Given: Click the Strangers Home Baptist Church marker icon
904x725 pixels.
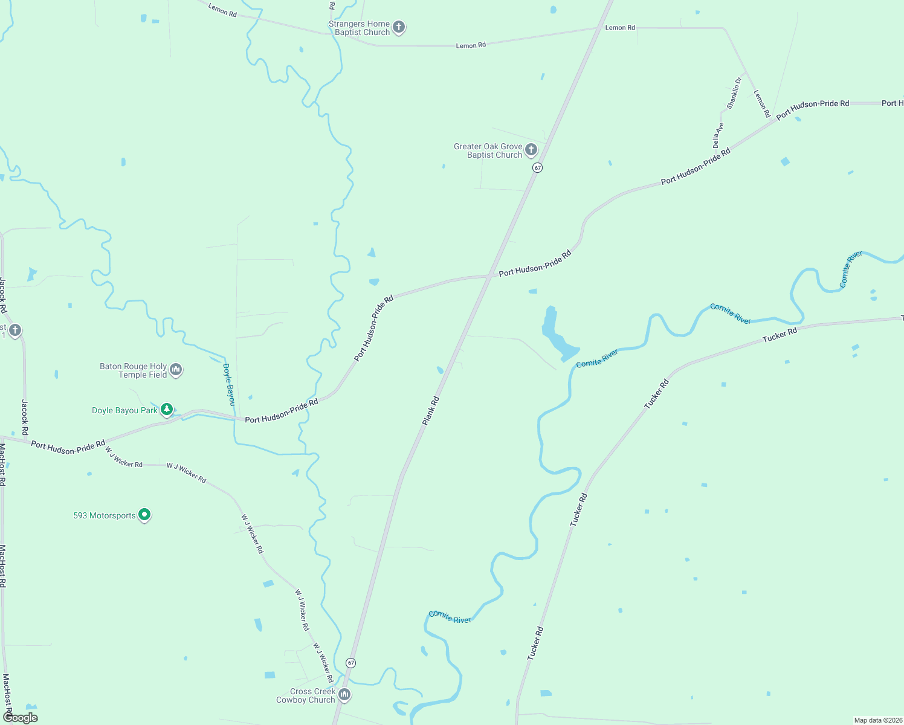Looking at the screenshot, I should tap(398, 27).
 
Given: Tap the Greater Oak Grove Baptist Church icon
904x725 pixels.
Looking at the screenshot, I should tap(531, 149).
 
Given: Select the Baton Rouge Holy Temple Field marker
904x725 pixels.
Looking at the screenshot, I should tap(176, 369).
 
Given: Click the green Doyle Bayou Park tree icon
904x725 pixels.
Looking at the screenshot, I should tap(167, 409).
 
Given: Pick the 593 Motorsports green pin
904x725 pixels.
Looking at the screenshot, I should tap(144, 514).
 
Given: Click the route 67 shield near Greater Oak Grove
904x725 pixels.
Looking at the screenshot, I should tap(537, 167).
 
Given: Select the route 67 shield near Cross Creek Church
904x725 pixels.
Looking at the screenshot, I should tap(350, 663).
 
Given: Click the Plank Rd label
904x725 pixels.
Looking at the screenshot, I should tap(430, 411).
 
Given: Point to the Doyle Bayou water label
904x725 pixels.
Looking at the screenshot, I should tap(229, 384).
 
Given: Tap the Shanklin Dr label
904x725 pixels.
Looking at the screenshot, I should tap(734, 93).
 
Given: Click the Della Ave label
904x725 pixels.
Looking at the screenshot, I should tap(718, 135).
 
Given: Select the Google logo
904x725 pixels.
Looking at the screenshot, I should tap(21, 717).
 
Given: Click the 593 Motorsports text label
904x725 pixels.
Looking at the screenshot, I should tap(105, 515).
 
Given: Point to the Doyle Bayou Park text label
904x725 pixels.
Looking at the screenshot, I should tap(124, 410).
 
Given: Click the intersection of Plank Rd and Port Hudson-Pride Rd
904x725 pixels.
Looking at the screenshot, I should tap(489, 276).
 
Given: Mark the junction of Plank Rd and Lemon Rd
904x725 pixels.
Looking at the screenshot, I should tap(599, 28).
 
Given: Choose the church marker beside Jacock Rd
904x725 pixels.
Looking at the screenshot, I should tap(15, 330).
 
